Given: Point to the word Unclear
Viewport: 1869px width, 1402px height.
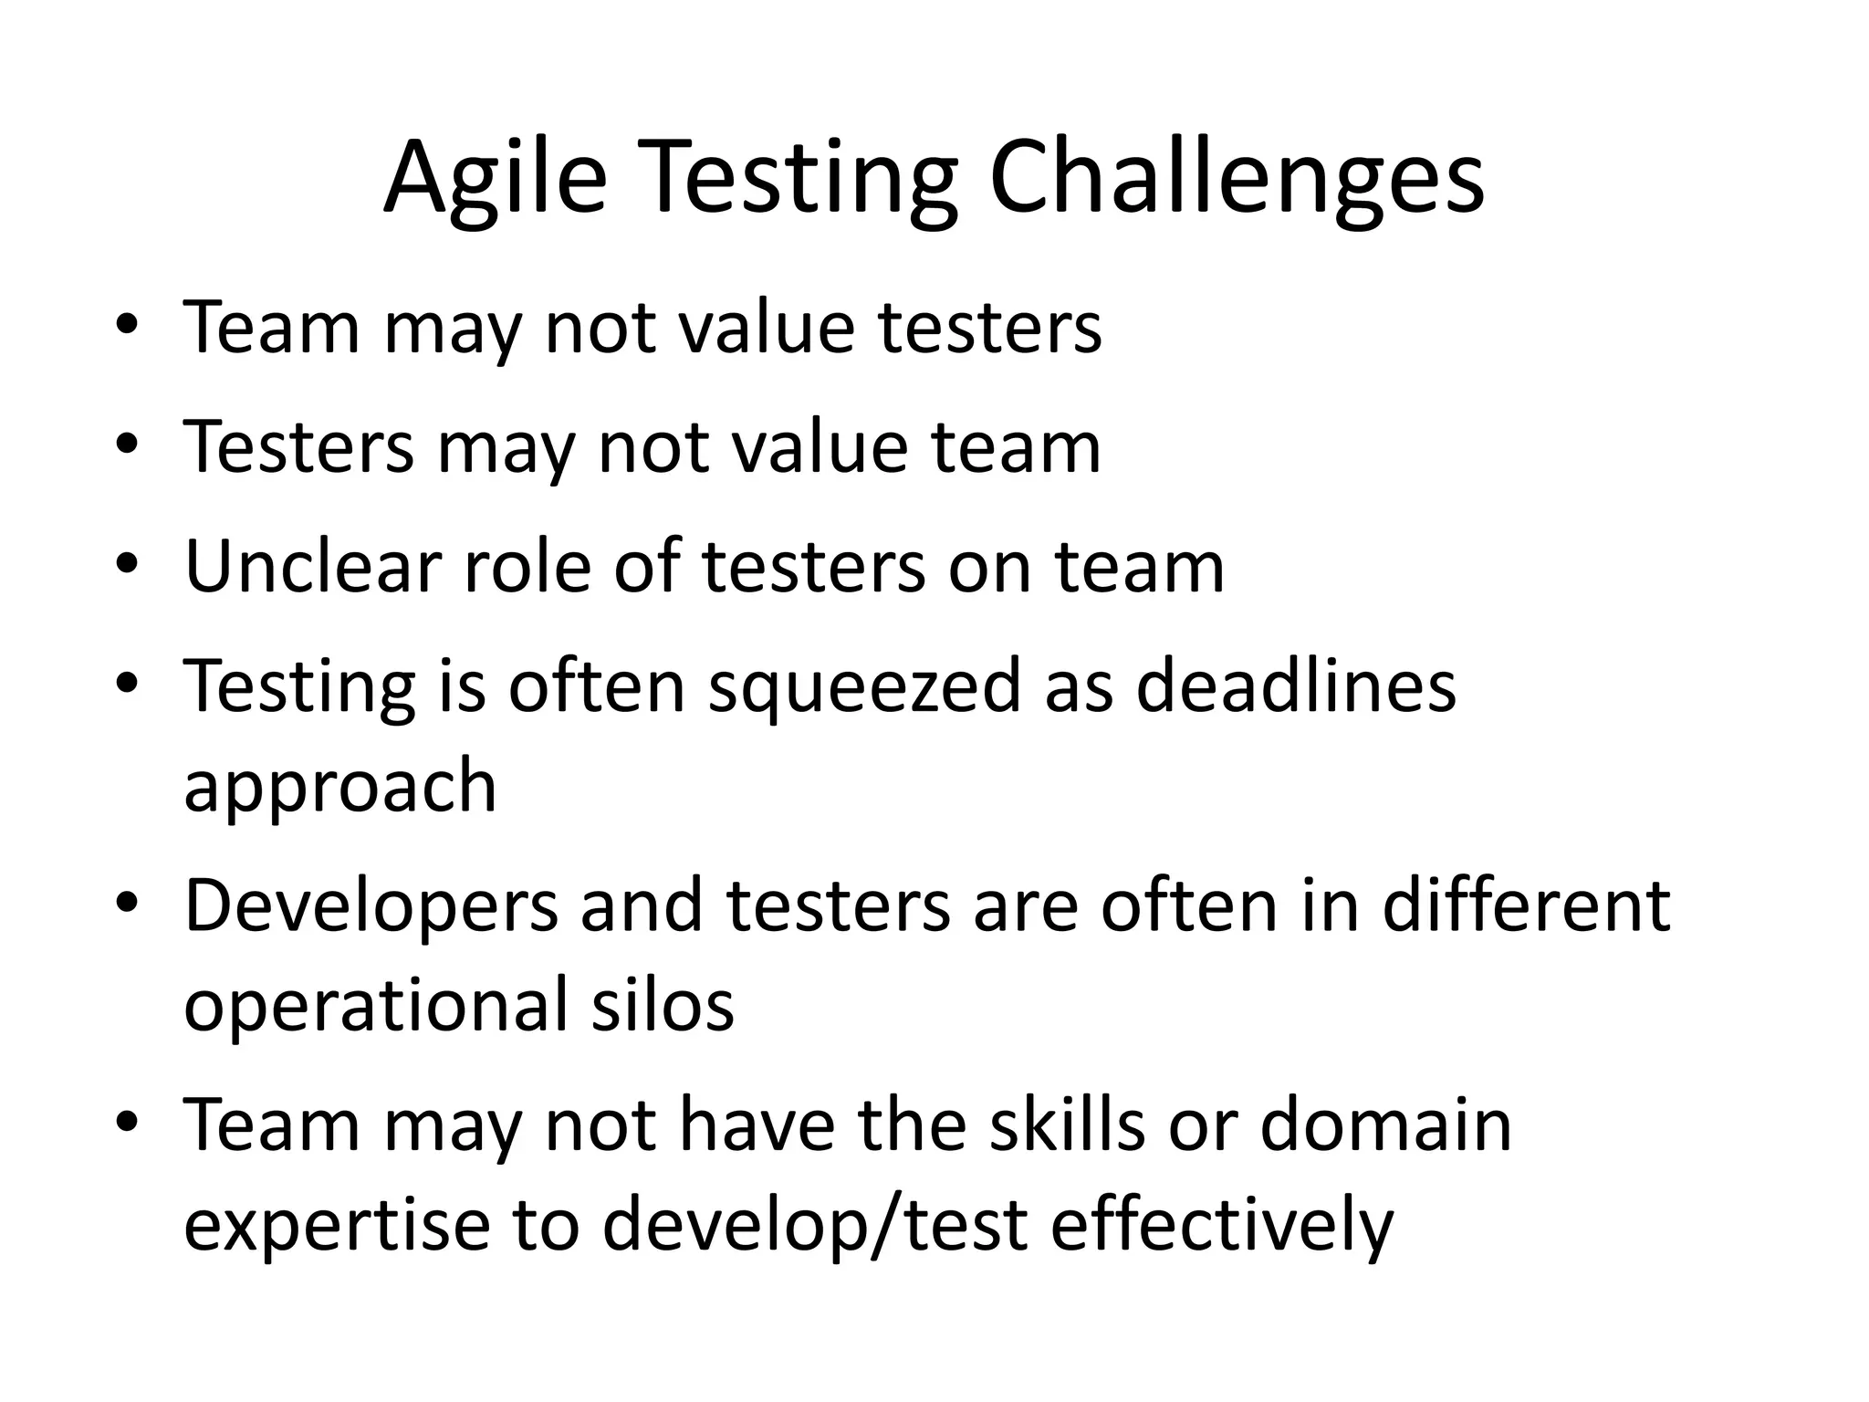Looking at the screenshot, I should tap(313, 566).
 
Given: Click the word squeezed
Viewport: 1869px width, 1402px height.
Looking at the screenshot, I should tap(864, 686).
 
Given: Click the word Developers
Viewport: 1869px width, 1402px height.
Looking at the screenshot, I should tap(371, 906).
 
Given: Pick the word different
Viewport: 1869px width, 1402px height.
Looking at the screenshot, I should tap(1526, 906).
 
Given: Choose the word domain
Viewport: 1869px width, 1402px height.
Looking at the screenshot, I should tap(1386, 1125).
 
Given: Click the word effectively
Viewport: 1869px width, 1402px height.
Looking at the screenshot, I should tap(1222, 1225).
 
